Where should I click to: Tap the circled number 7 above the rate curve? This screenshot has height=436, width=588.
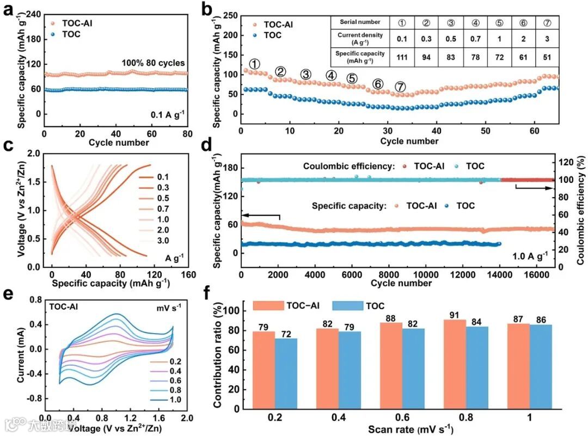point(400,87)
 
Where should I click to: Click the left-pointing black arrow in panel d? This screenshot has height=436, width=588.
point(261,216)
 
